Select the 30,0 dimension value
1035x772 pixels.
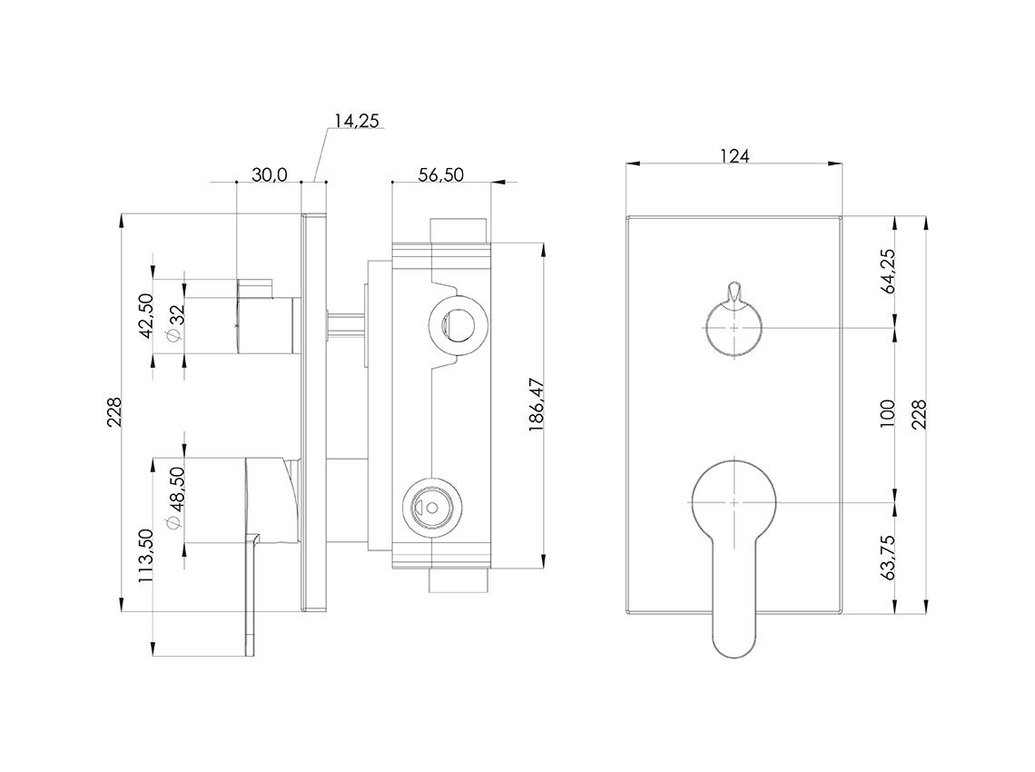[x=269, y=175]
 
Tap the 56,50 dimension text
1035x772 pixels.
[x=440, y=175]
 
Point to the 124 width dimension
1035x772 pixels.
[x=734, y=156]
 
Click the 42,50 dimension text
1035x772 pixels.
[x=145, y=315]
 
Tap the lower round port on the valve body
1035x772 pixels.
[x=430, y=505]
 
